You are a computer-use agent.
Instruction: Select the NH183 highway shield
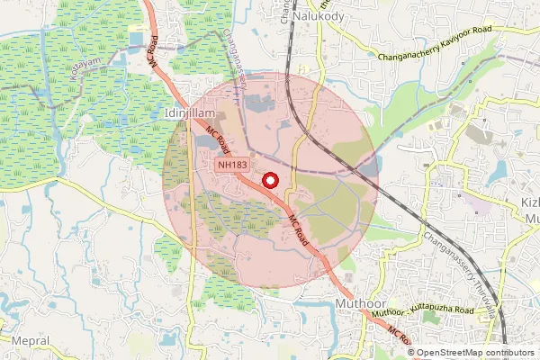point(231,165)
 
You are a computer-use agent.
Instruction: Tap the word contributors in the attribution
point(507,352)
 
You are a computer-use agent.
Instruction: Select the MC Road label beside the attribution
point(398,337)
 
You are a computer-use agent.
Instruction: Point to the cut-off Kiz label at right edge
point(531,202)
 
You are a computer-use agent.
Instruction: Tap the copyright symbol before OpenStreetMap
point(410,352)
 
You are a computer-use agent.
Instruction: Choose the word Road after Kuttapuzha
point(463,306)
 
